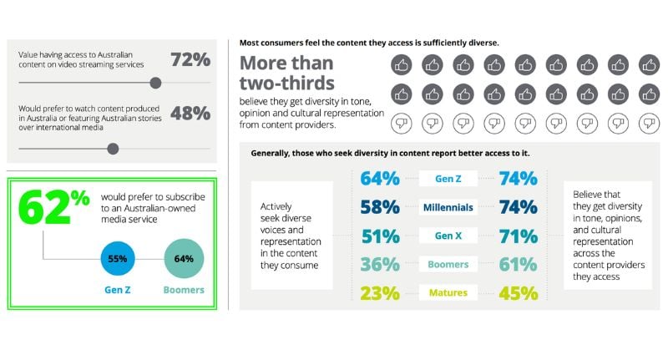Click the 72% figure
point(190,60)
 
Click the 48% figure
point(190,114)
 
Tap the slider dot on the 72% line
point(155,83)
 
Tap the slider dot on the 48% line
point(113,149)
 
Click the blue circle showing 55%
point(116,259)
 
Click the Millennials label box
point(449,206)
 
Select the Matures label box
point(449,292)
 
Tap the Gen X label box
point(449,236)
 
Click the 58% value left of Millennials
point(380,206)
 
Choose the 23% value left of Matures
point(380,292)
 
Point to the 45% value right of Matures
point(518,292)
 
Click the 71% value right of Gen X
point(518,236)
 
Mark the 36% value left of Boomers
point(380,264)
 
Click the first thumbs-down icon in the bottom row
point(401,124)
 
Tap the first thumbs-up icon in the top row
point(401,63)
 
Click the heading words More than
point(286,63)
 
